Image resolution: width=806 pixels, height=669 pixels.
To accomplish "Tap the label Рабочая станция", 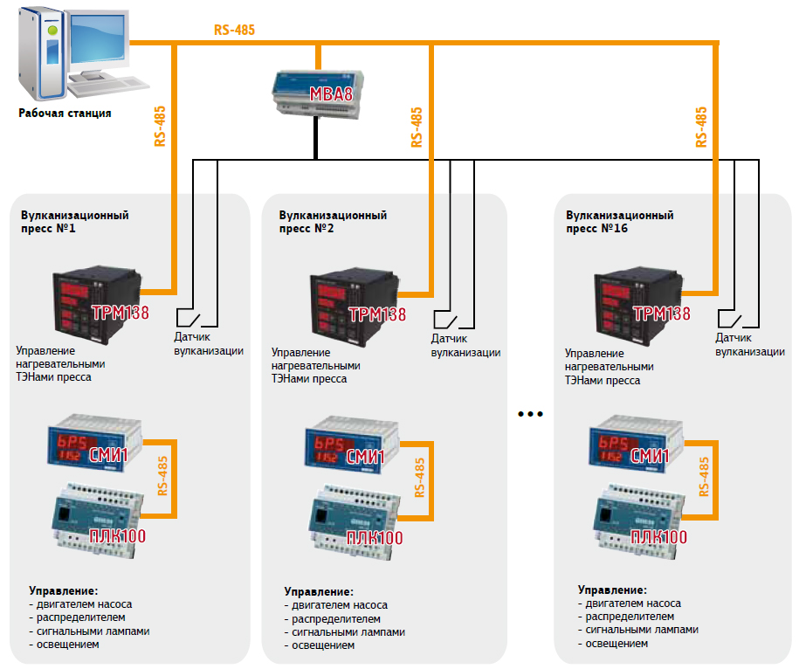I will pos(66,114).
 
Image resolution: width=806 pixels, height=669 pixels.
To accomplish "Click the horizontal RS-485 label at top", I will pos(234,30).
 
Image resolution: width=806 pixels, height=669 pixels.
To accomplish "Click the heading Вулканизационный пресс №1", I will pos(75,221).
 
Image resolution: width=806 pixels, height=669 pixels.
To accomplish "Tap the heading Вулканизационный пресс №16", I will pos(620,221).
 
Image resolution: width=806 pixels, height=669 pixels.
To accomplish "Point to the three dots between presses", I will pos(530,413).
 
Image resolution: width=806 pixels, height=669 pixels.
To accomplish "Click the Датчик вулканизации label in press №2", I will pos(465,345).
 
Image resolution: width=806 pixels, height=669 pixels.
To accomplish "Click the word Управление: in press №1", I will pos(63,590).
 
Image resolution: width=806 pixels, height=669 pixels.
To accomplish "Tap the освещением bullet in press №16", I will pos(617,643).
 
